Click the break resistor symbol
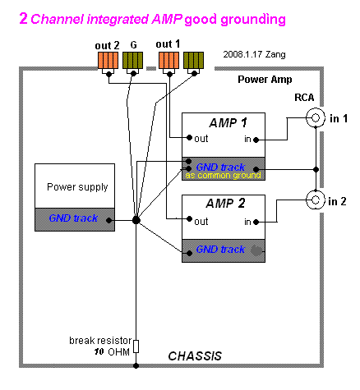click(x=136, y=346)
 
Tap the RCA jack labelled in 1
click(x=316, y=117)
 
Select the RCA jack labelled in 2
click(x=316, y=200)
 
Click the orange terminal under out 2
click(x=108, y=60)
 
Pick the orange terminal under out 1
click(x=169, y=60)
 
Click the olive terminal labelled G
click(x=132, y=60)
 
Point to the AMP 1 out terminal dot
click(x=189, y=137)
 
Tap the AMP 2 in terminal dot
click(x=256, y=222)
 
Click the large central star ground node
click(x=136, y=220)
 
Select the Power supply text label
click(x=77, y=187)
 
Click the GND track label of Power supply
click(x=73, y=218)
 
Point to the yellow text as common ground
click(x=223, y=175)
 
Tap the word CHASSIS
click(x=195, y=356)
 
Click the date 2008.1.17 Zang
click(x=254, y=54)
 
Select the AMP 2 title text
click(x=225, y=204)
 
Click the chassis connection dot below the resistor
click(x=136, y=365)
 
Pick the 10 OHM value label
click(x=112, y=351)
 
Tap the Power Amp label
click(x=265, y=80)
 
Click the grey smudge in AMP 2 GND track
click(x=256, y=250)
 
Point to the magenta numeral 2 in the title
click(x=24, y=18)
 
